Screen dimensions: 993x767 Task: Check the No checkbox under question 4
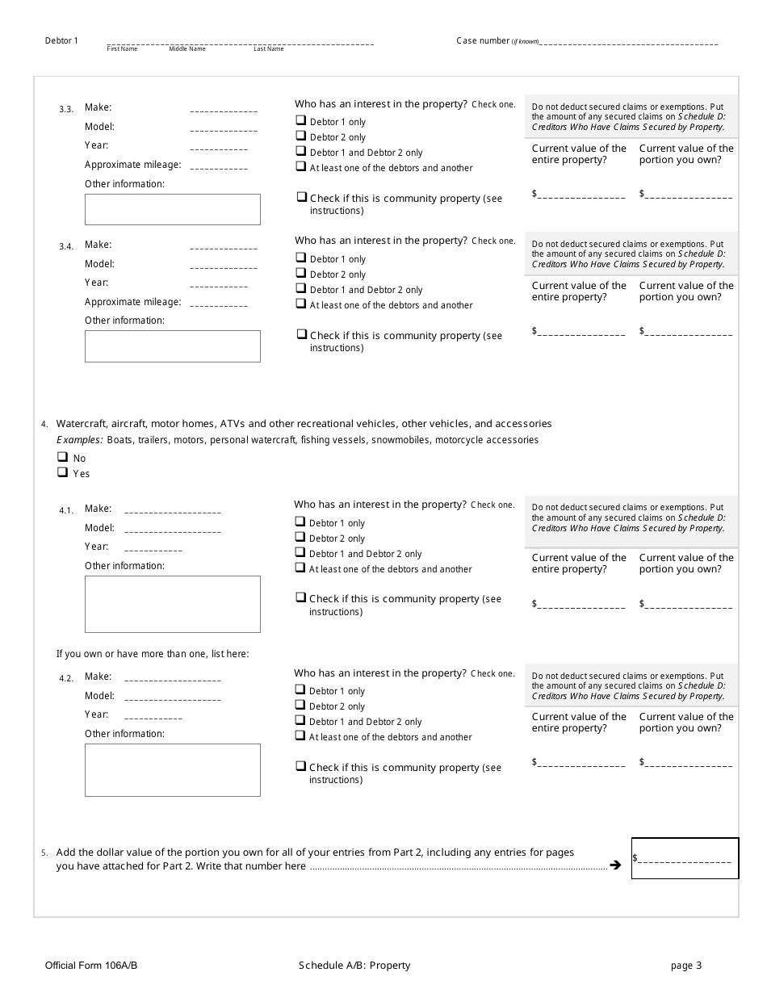click(62, 457)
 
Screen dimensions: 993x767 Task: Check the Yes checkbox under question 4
click(62, 473)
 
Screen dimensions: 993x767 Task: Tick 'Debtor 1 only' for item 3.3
click(300, 121)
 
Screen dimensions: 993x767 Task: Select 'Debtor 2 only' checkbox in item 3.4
click(300, 274)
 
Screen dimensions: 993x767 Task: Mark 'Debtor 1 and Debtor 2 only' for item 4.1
click(300, 553)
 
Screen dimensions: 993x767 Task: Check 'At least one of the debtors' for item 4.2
click(300, 736)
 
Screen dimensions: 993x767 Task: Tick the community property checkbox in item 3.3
click(301, 197)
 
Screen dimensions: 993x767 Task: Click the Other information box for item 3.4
click(173, 346)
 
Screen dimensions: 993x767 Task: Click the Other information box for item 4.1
click(173, 604)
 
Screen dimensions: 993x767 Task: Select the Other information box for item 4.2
click(173, 770)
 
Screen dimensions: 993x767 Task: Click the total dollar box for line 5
click(685, 858)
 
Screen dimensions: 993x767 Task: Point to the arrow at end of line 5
click(615, 865)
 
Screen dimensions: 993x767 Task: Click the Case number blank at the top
click(629, 42)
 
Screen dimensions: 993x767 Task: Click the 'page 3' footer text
click(686, 966)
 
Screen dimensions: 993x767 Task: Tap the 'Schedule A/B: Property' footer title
click(354, 966)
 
